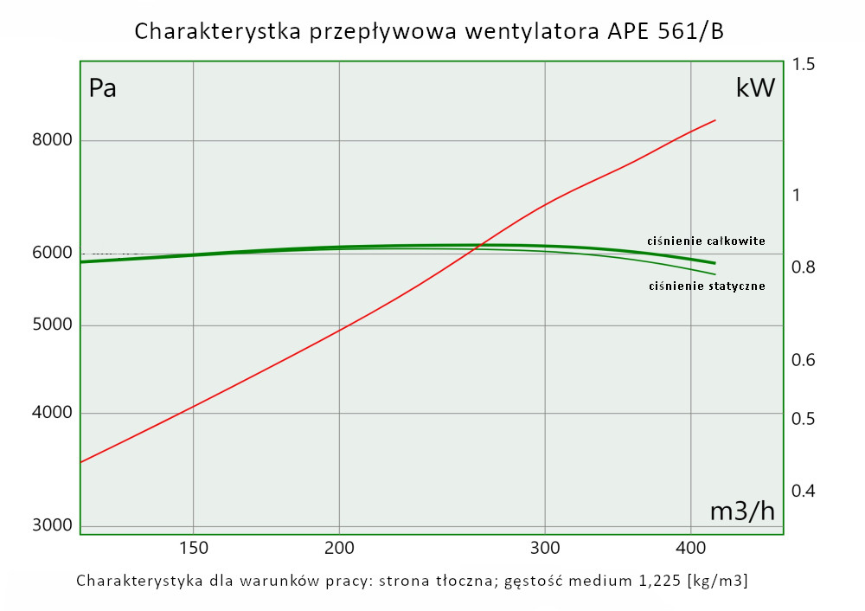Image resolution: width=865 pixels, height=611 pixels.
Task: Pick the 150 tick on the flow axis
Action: click(x=192, y=547)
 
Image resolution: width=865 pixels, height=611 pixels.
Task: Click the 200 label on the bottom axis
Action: click(x=338, y=547)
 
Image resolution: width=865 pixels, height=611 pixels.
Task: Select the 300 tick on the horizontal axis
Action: click(x=544, y=547)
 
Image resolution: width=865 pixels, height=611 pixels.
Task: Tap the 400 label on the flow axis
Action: click(x=689, y=547)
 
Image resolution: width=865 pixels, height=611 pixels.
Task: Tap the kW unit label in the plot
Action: click(x=755, y=88)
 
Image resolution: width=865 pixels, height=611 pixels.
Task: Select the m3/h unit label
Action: click(x=742, y=511)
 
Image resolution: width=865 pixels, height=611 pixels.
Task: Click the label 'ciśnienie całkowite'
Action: click(x=706, y=241)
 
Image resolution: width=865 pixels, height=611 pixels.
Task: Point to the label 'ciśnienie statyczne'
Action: click(x=706, y=286)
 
